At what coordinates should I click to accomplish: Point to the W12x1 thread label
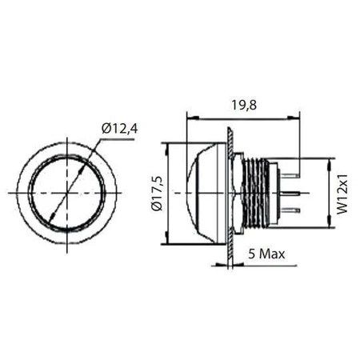pyautogui.click(x=342, y=193)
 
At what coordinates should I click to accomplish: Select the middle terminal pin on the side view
pyautogui.click(x=289, y=193)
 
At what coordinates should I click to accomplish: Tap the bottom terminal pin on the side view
pyautogui.click(x=289, y=210)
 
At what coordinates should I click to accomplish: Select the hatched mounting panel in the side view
pyautogui.click(x=230, y=193)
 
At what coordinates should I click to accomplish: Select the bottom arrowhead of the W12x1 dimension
pyautogui.click(x=330, y=223)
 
